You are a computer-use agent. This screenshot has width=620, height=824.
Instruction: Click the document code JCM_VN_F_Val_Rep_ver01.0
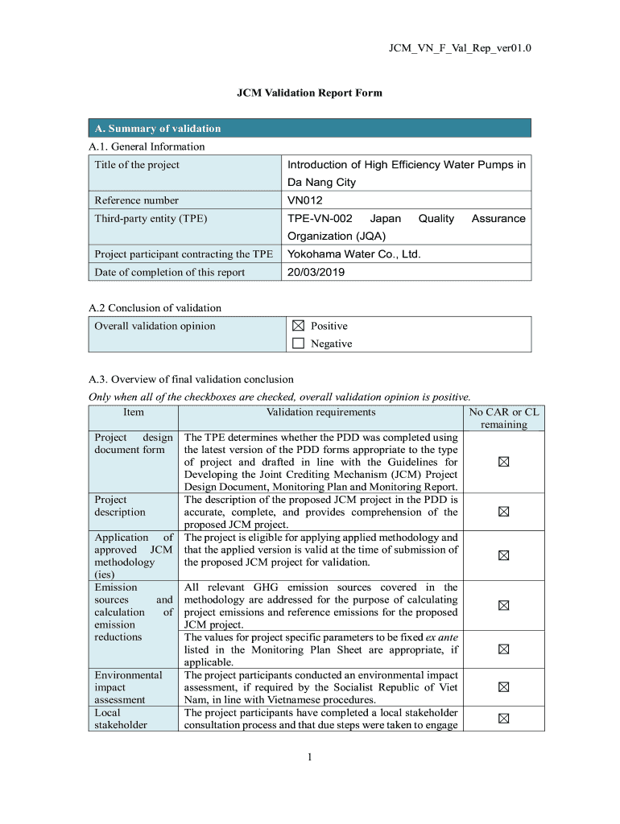point(460,49)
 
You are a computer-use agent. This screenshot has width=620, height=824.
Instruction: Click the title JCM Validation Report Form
point(309,93)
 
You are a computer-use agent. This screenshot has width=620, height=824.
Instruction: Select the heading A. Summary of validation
point(158,129)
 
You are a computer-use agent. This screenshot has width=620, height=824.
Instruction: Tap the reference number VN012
point(305,200)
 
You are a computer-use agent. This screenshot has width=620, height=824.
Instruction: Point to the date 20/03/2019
point(316,272)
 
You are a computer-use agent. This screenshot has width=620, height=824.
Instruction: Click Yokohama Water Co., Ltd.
point(354,254)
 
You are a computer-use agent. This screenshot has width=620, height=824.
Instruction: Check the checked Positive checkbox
point(298,326)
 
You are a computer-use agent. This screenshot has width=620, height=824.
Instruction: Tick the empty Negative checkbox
point(298,344)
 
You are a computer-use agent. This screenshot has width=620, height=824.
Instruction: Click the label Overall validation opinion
point(155,326)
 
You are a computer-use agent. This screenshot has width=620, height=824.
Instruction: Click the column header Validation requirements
point(320,412)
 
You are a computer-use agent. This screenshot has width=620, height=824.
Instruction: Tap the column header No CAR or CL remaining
point(503,418)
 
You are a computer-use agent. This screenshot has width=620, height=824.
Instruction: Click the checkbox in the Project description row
point(503,511)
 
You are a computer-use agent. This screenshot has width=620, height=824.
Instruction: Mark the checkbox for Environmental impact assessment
point(503,687)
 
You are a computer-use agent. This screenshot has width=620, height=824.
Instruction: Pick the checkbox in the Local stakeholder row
point(503,719)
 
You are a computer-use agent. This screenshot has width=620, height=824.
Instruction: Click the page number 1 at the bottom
point(309,756)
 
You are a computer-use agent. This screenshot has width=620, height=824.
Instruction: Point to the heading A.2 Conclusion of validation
point(155,307)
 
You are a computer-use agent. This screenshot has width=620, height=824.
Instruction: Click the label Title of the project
point(137,165)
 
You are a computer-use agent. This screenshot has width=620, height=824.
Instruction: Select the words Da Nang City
point(321,183)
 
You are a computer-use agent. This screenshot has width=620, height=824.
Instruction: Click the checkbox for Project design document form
point(503,462)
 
